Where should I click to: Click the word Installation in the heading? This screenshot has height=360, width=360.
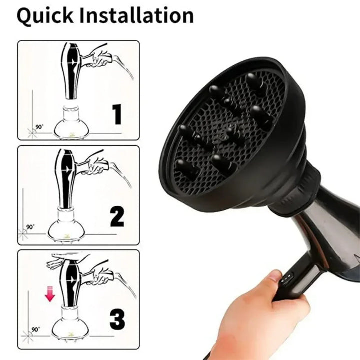(x=136, y=16)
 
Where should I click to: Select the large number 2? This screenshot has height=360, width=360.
(x=117, y=217)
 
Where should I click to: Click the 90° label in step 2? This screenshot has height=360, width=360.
(x=31, y=226)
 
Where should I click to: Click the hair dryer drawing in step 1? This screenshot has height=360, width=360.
(x=71, y=70)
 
